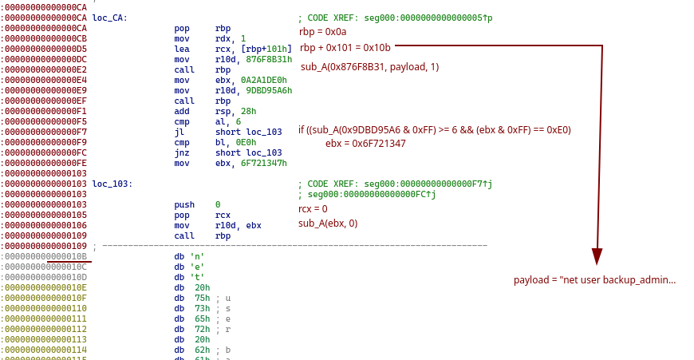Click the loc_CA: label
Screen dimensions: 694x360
coord(110,18)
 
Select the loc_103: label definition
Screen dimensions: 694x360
coord(112,184)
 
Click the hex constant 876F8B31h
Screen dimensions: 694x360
coord(269,59)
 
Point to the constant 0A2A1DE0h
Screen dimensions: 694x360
coord(264,80)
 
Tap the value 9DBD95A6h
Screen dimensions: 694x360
coord(269,90)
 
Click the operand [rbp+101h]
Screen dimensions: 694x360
coord(266,49)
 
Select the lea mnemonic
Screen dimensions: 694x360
coord(181,49)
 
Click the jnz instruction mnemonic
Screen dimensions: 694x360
coord(181,152)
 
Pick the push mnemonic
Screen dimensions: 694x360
coord(184,204)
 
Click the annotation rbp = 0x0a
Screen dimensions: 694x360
coord(322,32)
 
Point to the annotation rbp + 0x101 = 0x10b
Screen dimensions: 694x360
coord(345,48)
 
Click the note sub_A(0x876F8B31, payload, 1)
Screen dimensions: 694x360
coord(369,67)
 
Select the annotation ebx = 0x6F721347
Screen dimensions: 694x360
coord(365,144)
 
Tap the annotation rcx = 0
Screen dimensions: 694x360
coord(313,209)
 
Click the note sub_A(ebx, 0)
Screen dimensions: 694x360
coord(328,224)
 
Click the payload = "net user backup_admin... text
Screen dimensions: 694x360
coord(594,280)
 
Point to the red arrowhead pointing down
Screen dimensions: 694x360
coord(597,256)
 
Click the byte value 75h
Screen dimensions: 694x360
coord(203,298)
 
